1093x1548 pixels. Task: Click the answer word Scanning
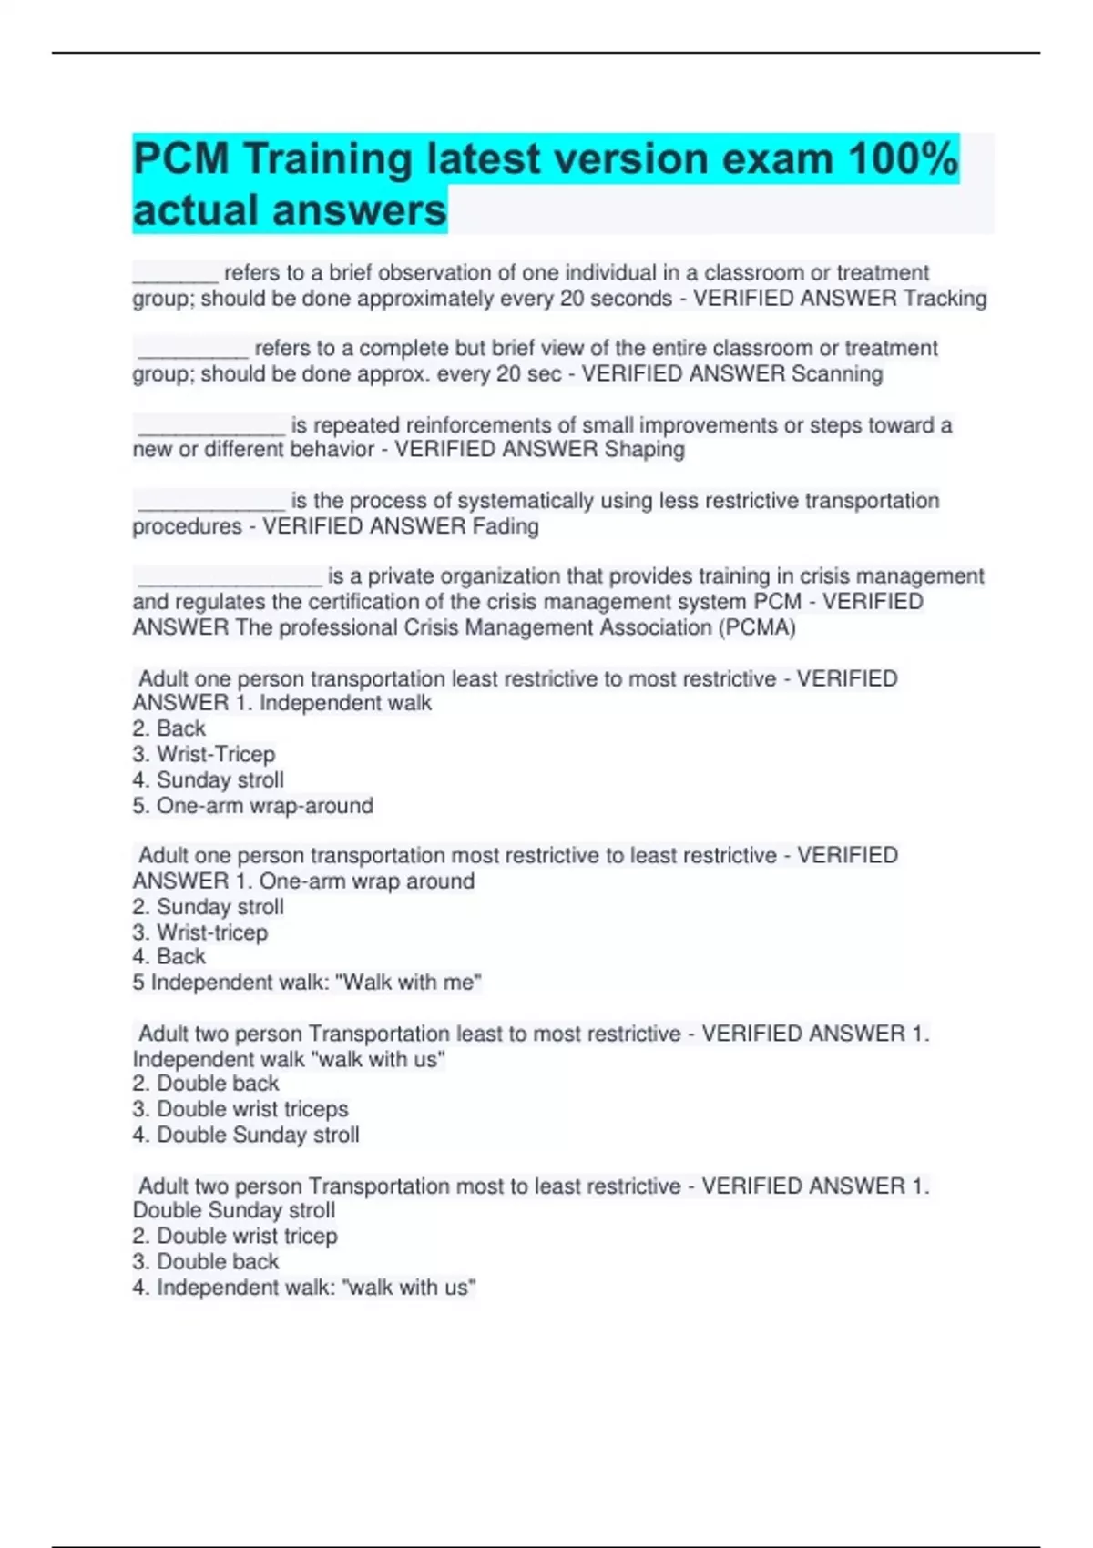coord(837,374)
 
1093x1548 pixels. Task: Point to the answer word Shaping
coord(644,450)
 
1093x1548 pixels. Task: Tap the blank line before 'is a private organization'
coord(230,577)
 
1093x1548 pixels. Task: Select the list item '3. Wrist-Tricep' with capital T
coord(204,754)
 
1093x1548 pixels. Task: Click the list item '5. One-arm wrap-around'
coord(253,806)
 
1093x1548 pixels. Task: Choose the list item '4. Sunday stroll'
coord(209,780)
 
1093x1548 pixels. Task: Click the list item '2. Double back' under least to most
coord(206,1084)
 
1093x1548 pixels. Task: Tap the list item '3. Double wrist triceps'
coord(240,1109)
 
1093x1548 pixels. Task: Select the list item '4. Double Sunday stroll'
coord(246,1135)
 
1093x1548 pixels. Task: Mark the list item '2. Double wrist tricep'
coord(235,1236)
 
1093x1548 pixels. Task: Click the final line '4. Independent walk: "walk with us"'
coord(304,1288)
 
